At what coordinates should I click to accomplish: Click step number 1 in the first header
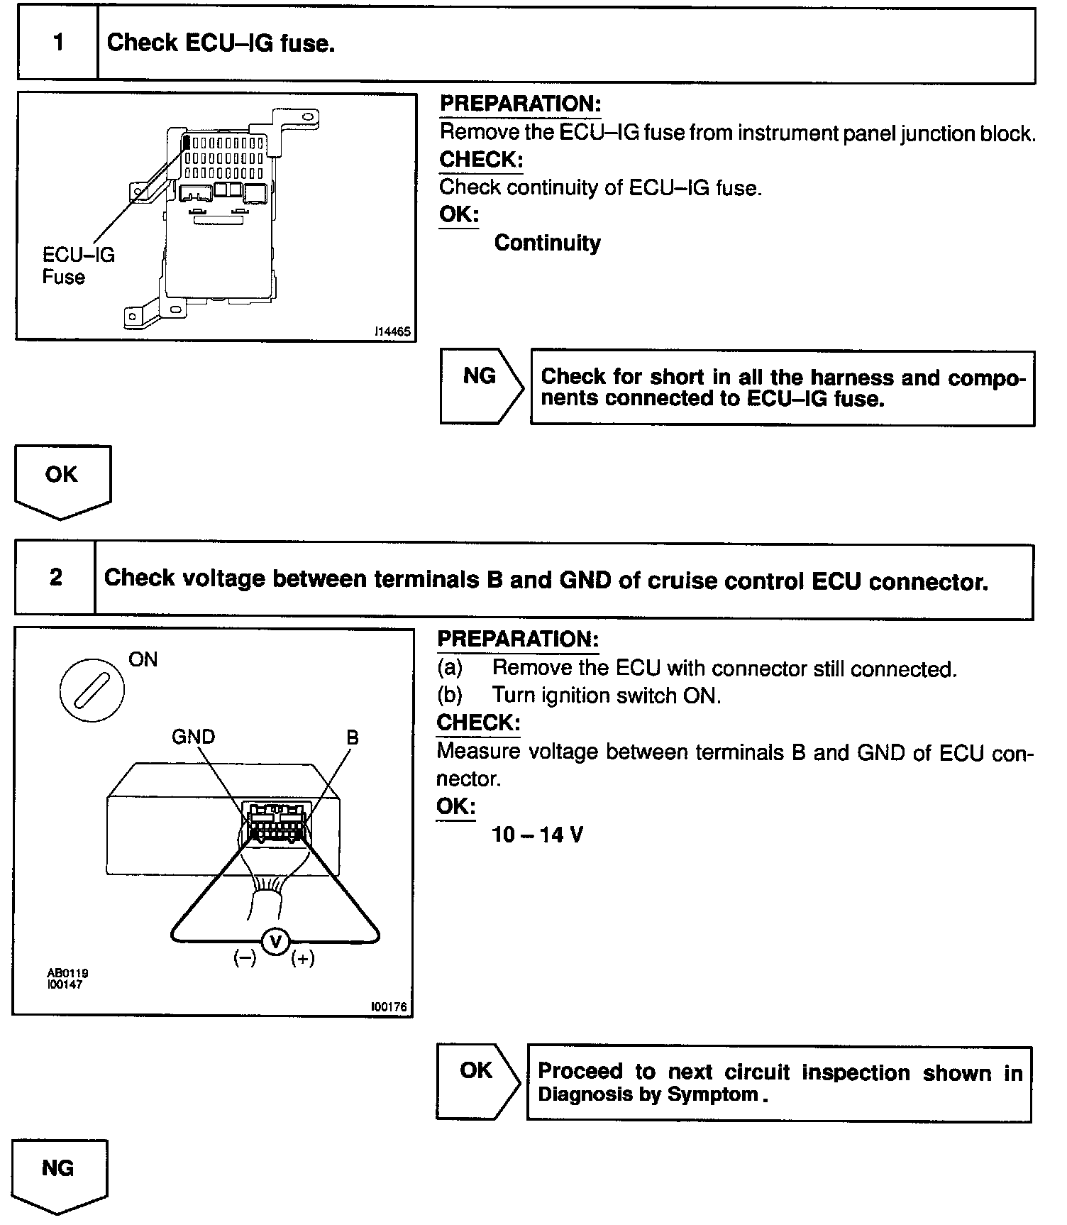(58, 43)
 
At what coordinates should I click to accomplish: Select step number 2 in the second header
(55, 578)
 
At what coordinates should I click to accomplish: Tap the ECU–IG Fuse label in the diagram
(78, 265)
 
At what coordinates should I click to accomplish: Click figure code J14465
(393, 331)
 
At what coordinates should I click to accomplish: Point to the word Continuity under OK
(547, 243)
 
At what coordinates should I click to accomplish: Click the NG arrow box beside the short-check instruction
(480, 385)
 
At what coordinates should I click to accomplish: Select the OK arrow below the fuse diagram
(62, 479)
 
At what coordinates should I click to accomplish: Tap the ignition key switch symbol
(92, 689)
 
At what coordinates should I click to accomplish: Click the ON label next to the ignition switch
(143, 659)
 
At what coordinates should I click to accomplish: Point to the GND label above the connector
(193, 737)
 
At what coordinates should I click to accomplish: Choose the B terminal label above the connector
(353, 737)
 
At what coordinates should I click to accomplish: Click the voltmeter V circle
(275, 941)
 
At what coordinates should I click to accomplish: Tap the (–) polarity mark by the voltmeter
(245, 958)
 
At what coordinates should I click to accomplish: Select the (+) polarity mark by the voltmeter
(303, 958)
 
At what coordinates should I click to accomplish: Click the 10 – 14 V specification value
(537, 835)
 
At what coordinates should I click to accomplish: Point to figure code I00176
(390, 1007)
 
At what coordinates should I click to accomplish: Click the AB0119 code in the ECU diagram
(68, 973)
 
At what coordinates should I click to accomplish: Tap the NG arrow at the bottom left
(58, 1172)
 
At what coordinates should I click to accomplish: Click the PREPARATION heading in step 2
(518, 639)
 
